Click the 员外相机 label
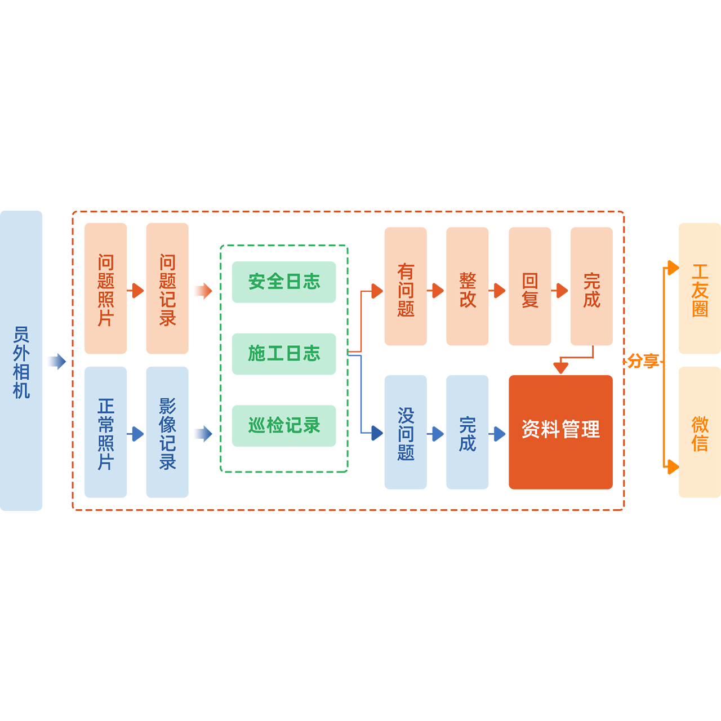pyautogui.click(x=21, y=362)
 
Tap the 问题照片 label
pyautogui.click(x=106, y=290)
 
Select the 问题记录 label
pyautogui.click(x=167, y=290)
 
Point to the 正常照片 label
pyautogui.click(x=106, y=434)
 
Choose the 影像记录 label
pyautogui.click(x=167, y=434)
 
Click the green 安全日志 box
pyautogui.click(x=284, y=282)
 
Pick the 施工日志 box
pyautogui.click(x=284, y=354)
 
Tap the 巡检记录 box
pyautogui.click(x=284, y=425)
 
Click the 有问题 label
pyautogui.click(x=406, y=290)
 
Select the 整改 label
pyautogui.click(x=468, y=290)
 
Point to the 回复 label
pyautogui.click(x=529, y=290)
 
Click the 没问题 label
pyautogui.click(x=406, y=434)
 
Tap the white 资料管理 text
pyautogui.click(x=560, y=430)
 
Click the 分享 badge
pyautogui.click(x=643, y=360)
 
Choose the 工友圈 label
pyautogui.click(x=700, y=291)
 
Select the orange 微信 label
pyautogui.click(x=700, y=434)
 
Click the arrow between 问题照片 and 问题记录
pyautogui.click(x=136, y=291)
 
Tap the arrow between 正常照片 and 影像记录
pyautogui.click(x=136, y=434)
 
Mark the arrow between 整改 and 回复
pyautogui.click(x=498, y=291)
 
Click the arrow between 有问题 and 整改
pyautogui.click(x=436, y=291)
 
